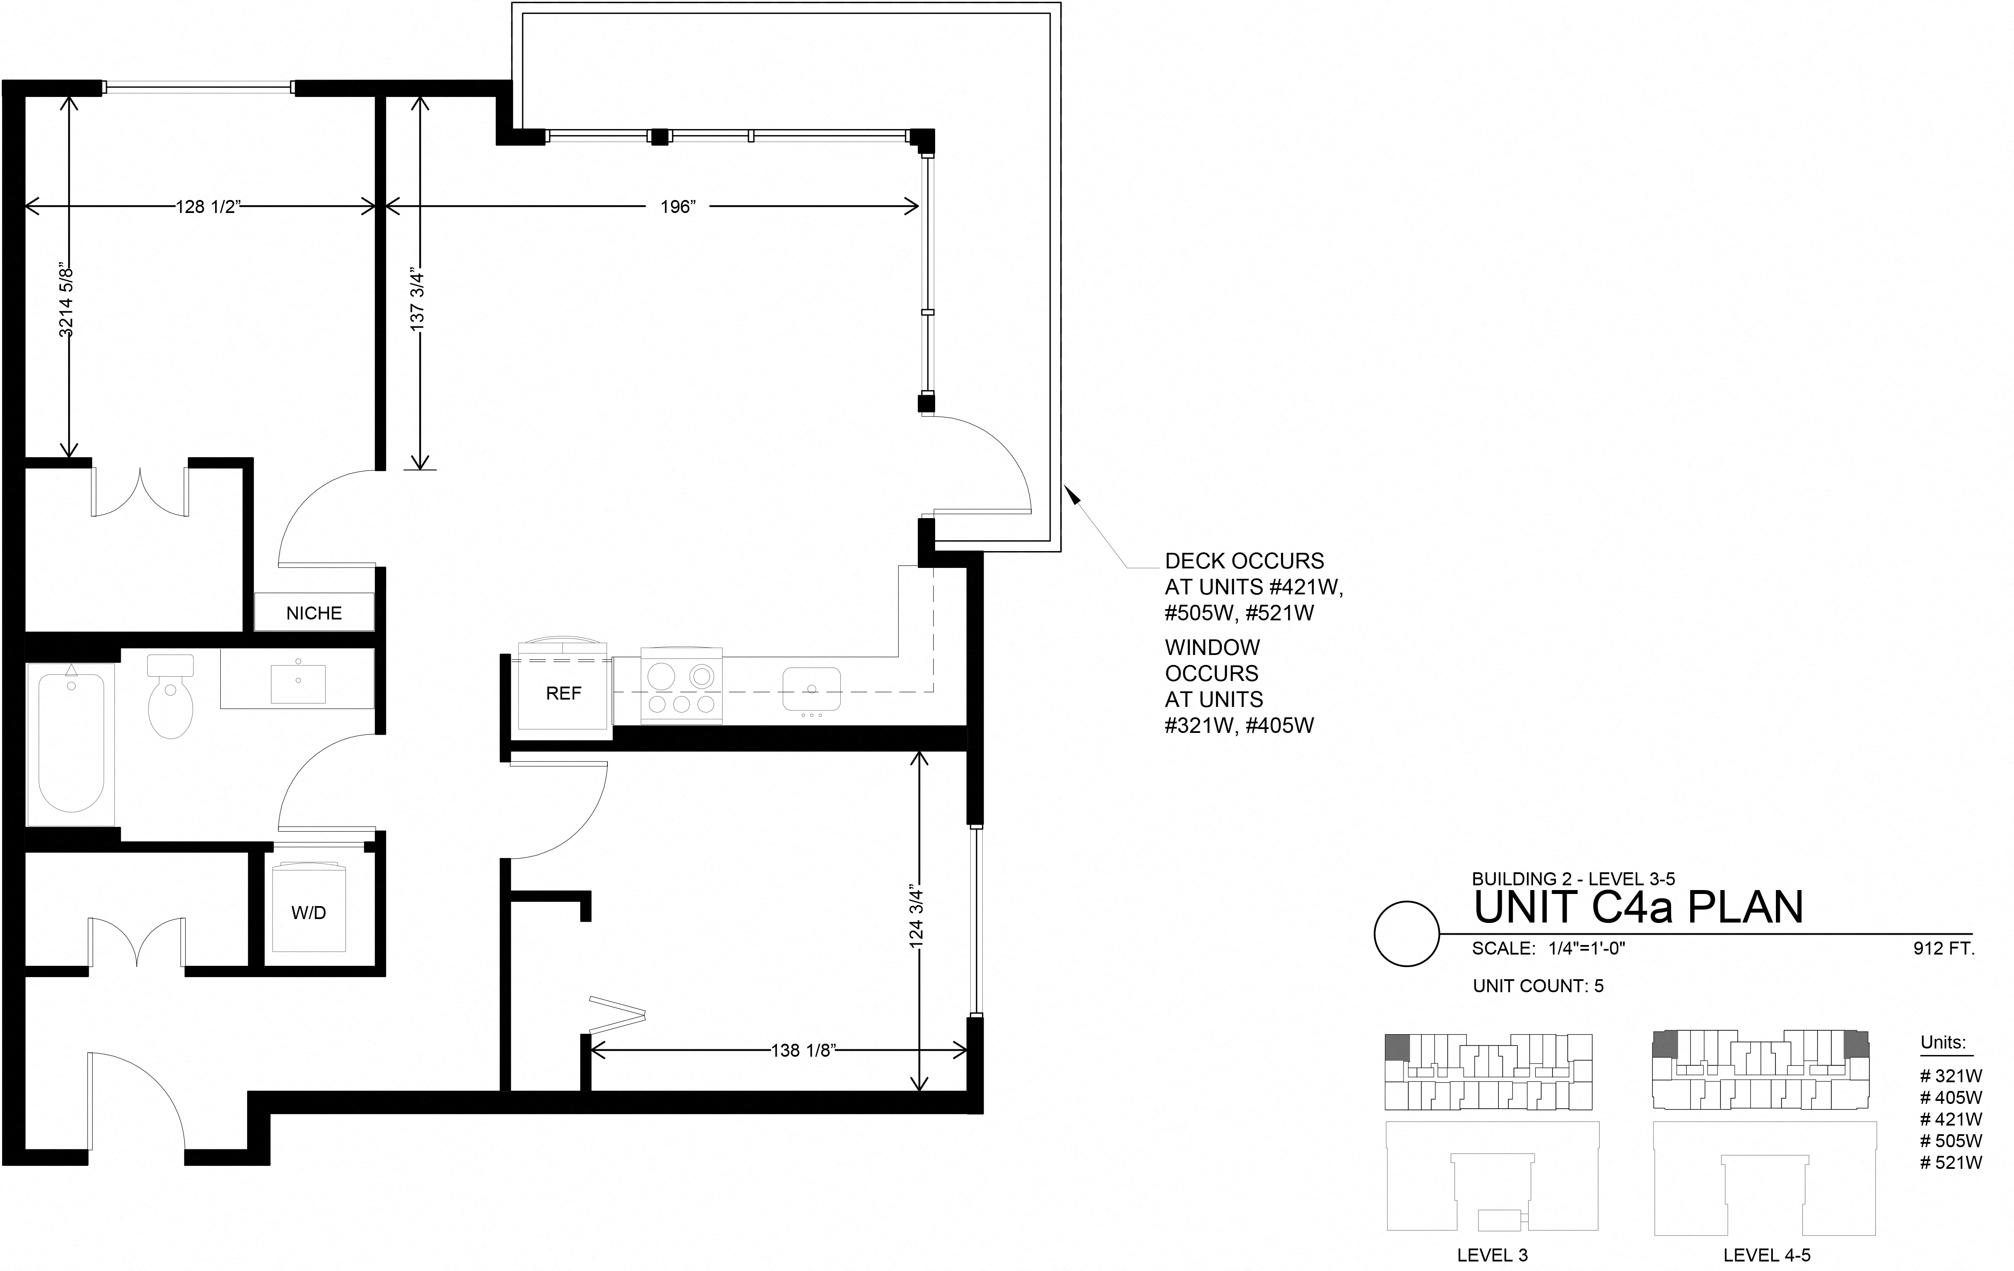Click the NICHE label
point(313,613)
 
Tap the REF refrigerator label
point(563,693)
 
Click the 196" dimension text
point(678,206)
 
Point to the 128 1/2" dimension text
point(208,206)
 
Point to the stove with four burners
point(681,686)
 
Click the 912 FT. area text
point(1944,949)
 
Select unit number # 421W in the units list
point(1951,1119)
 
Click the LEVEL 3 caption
point(1492,1255)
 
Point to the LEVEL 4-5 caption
point(1766,1255)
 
